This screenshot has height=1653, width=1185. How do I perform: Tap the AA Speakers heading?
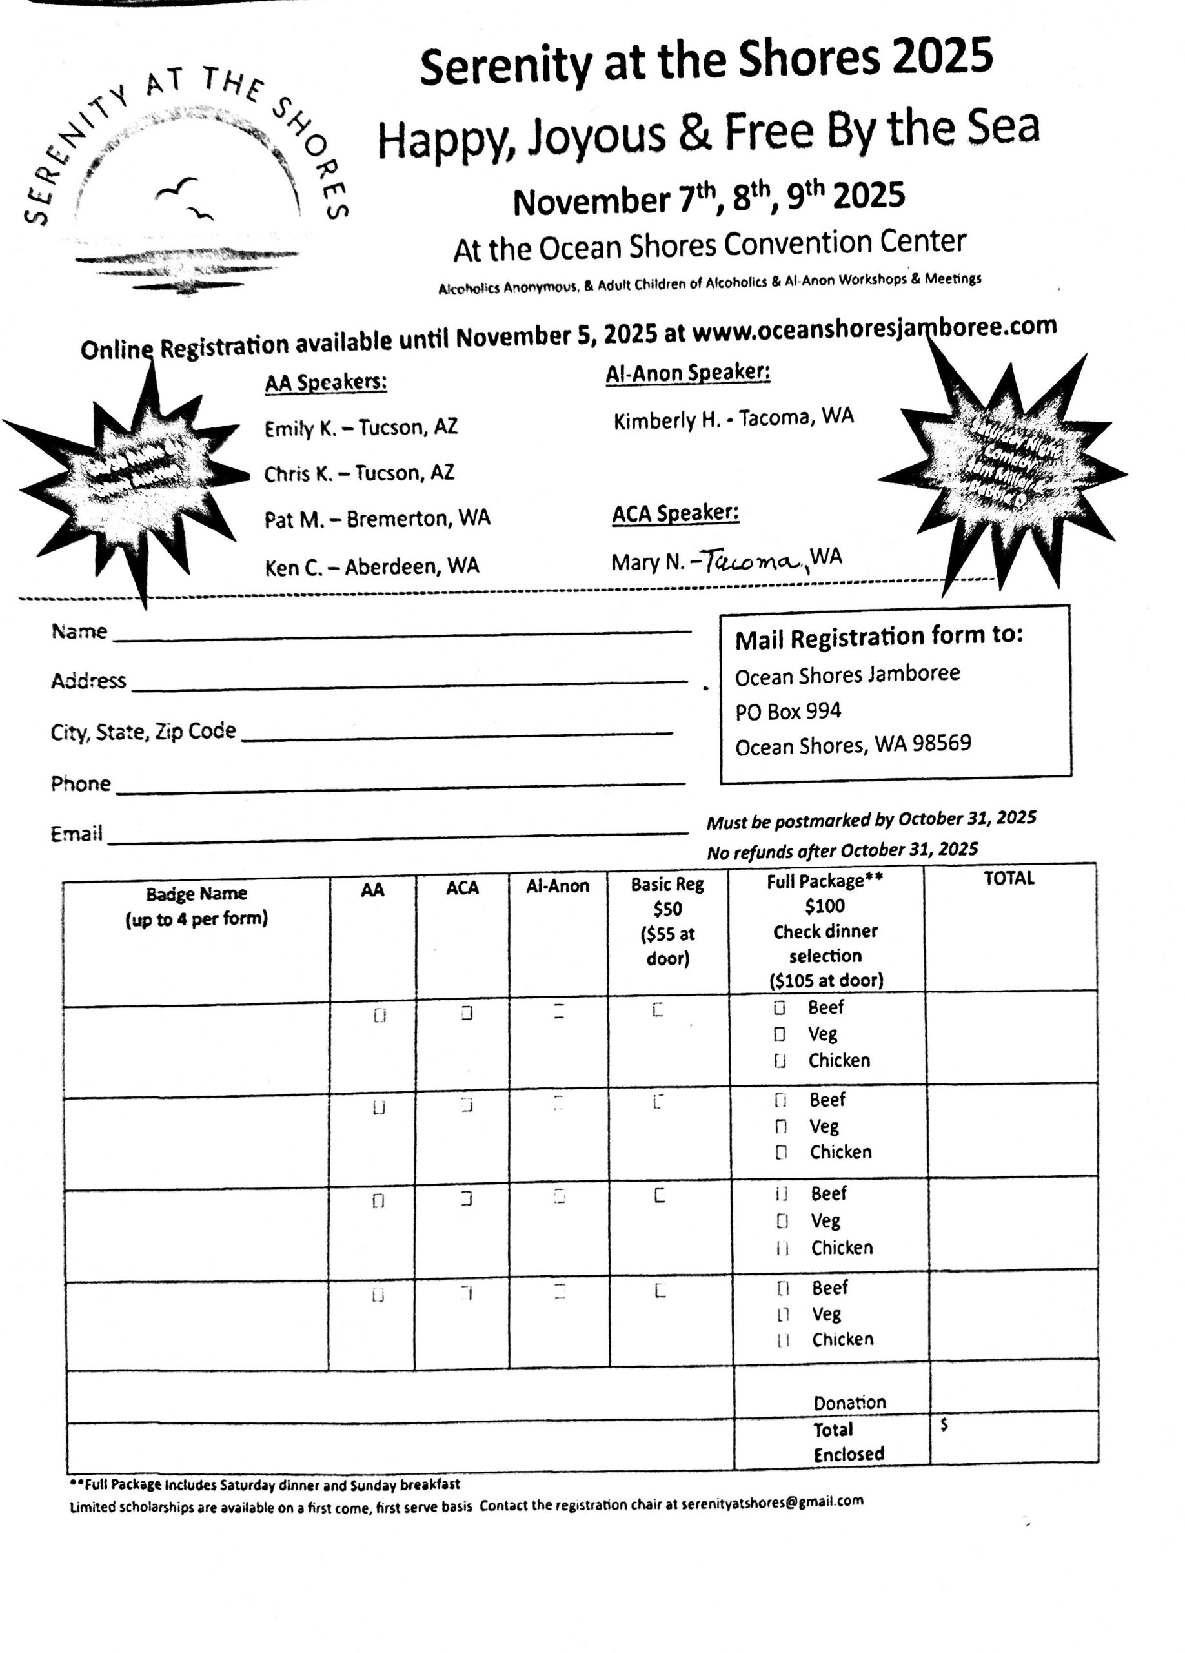click(x=325, y=383)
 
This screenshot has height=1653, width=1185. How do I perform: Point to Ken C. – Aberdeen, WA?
click(x=372, y=566)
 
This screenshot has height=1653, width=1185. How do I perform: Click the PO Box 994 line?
click(x=787, y=711)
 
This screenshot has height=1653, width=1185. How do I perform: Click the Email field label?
click(x=76, y=834)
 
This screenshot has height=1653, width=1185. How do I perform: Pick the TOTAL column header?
click(x=1009, y=878)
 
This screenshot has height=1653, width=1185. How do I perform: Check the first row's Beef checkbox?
click(x=779, y=1009)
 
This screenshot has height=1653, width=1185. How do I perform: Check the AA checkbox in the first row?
click(x=380, y=1015)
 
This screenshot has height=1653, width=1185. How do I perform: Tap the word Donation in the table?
click(x=849, y=1402)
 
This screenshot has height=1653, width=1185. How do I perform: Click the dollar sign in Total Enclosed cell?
click(x=944, y=1425)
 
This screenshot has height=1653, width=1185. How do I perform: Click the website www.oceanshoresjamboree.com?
click(x=874, y=328)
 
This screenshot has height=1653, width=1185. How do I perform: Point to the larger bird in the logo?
click(x=177, y=188)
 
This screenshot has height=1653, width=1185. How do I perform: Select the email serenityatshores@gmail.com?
click(x=772, y=1502)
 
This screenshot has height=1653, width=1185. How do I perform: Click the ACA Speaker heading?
click(x=675, y=514)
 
